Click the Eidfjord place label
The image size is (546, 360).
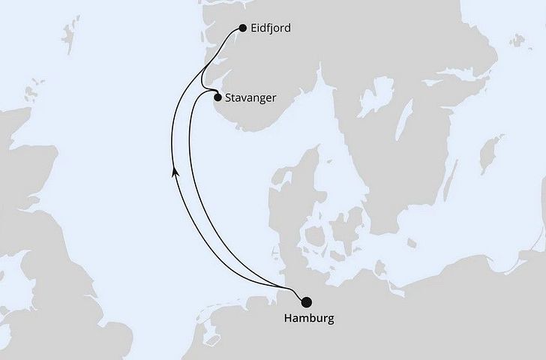[273, 28]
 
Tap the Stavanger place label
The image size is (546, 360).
[251, 97]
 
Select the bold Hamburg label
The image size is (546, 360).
[306, 319]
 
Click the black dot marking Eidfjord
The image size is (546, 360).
[242, 28]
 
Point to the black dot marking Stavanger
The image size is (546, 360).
[217, 97]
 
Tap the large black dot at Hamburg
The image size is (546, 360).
[305, 302]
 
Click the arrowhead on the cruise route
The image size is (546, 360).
[175, 172]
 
